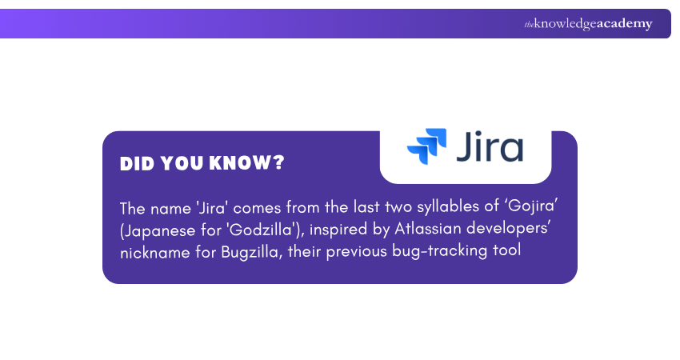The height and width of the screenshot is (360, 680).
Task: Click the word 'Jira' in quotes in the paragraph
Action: tap(210, 208)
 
